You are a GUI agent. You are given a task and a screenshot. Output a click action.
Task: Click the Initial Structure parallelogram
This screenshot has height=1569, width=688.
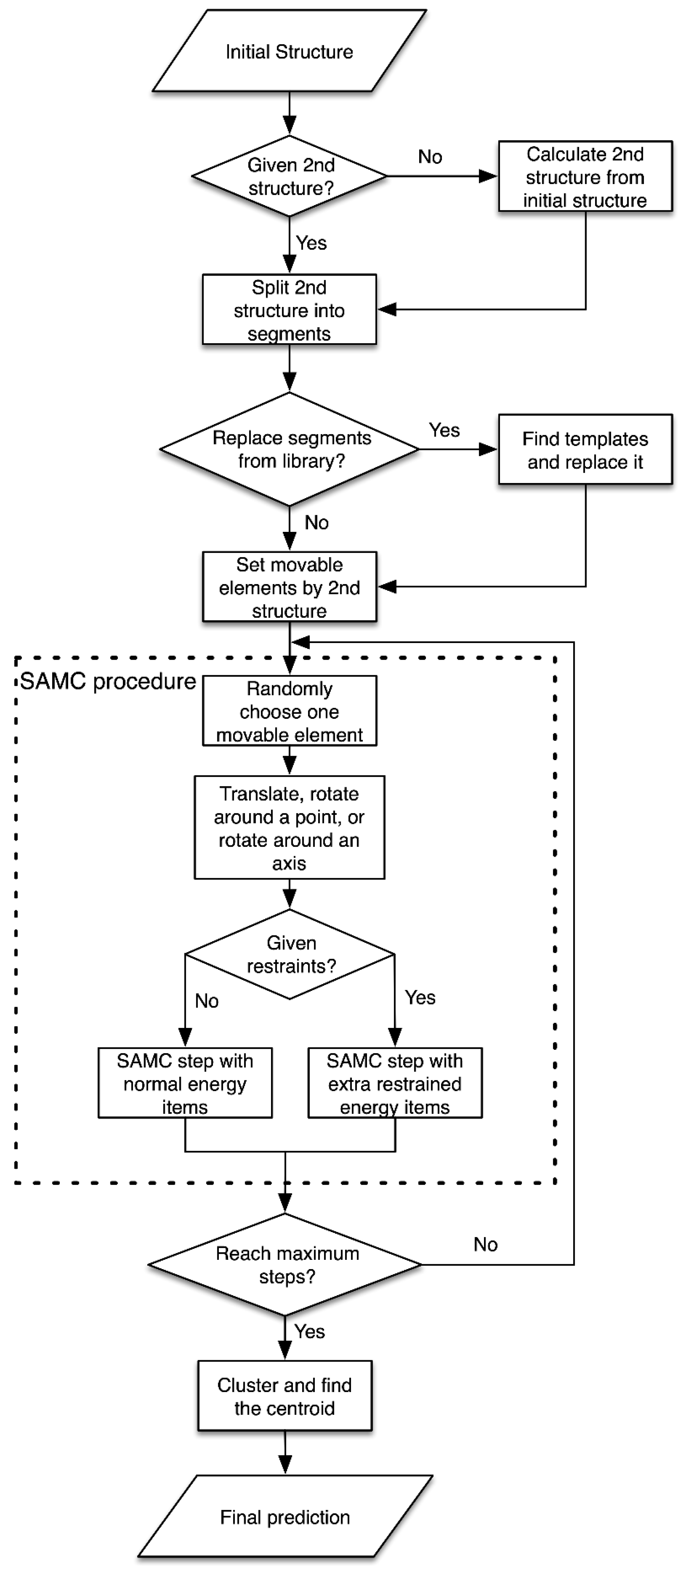coord(289,52)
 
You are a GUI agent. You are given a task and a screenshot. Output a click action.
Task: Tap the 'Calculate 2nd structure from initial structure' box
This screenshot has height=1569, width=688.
coord(585,177)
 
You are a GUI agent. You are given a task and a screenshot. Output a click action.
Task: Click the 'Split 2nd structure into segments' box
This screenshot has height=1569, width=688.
coord(289,310)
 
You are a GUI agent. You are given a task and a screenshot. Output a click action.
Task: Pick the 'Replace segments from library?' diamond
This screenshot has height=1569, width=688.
coord(290,449)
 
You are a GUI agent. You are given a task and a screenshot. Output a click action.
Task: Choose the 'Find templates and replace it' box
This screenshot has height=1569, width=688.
coord(585,450)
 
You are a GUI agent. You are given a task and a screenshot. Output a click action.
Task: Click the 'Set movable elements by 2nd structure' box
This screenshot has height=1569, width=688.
coord(289,587)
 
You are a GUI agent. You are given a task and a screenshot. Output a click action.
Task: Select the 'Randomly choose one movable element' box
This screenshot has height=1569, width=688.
coord(289,711)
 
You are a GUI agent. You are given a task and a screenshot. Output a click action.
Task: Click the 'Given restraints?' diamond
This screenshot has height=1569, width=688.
coord(290,954)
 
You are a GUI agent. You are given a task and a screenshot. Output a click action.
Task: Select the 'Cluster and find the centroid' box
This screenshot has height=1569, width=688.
coord(284,1396)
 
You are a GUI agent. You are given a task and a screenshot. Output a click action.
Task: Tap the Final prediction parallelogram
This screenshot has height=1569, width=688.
coord(285,1516)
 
